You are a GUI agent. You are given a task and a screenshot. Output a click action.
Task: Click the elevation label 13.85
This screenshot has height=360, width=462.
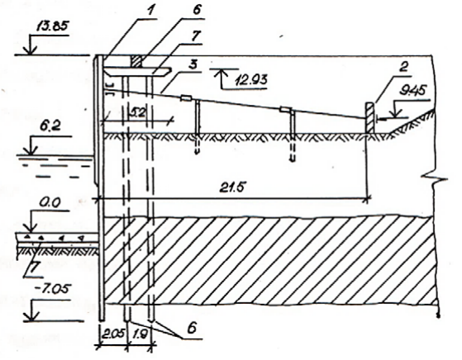pyautogui.click(x=52, y=26)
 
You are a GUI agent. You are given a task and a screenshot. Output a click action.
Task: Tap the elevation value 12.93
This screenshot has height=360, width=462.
pyautogui.click(x=251, y=79)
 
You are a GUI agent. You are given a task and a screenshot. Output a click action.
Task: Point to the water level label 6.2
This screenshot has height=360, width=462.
pyautogui.click(x=50, y=126)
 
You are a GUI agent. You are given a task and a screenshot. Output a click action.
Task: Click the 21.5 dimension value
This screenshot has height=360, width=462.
pyautogui.click(x=232, y=187)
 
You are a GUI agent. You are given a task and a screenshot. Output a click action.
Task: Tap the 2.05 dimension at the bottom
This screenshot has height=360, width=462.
pyautogui.click(x=113, y=334)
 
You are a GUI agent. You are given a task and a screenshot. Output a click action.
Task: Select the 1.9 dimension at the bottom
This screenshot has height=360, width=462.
pyautogui.click(x=140, y=334)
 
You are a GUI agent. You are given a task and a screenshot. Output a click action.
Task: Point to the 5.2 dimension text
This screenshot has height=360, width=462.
pyautogui.click(x=137, y=113)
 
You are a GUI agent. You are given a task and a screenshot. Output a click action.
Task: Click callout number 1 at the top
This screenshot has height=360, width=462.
pyautogui.click(x=150, y=12)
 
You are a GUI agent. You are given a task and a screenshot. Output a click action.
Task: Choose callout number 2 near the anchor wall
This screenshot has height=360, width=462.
pyautogui.click(x=403, y=67)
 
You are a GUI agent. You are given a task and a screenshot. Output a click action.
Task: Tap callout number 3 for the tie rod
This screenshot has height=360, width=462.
pyautogui.click(x=193, y=64)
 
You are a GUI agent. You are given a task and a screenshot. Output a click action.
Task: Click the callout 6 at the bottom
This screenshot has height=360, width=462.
pyautogui.click(x=192, y=328)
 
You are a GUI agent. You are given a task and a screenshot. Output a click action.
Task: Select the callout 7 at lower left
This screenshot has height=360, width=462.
pyautogui.click(x=35, y=268)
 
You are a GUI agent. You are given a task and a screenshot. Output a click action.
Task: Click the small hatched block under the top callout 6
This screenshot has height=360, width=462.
pyautogui.click(x=136, y=61)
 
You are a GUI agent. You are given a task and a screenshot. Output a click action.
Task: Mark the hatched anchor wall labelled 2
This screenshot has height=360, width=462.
pyautogui.click(x=370, y=118)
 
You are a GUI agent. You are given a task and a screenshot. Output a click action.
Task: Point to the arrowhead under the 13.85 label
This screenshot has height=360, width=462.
pyautogui.click(x=30, y=50)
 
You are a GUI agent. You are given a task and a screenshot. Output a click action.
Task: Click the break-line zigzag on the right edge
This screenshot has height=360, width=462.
pyautogui.click(x=434, y=178)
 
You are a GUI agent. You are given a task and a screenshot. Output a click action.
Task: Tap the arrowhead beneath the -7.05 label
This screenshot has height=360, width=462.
pyautogui.click(x=29, y=317)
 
